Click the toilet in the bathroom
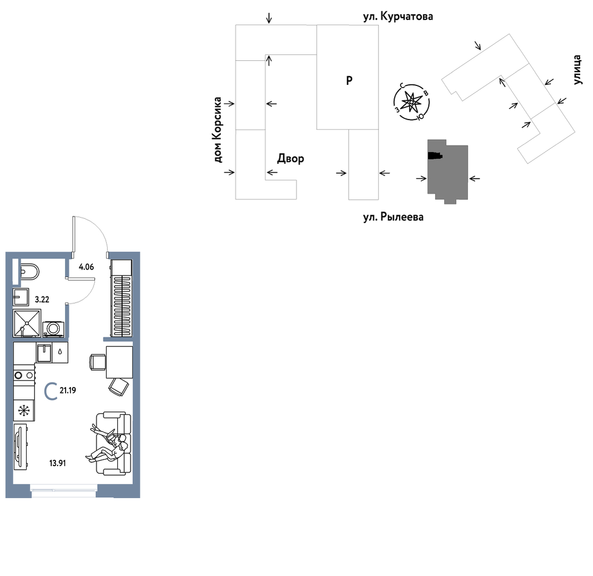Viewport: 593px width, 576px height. point(29,272)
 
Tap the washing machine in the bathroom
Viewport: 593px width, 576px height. point(53,329)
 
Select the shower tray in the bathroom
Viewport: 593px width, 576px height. point(27,323)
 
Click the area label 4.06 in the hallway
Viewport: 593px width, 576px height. point(86,267)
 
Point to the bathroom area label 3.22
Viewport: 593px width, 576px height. point(42,299)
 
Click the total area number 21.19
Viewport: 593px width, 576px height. point(68,390)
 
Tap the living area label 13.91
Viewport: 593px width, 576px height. point(58,463)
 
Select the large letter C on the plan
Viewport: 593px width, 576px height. point(51,391)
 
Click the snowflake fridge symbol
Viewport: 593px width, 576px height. point(24,411)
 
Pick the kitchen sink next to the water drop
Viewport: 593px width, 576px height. point(44,352)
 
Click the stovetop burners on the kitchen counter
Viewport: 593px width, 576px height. point(24,375)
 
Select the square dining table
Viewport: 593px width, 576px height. point(119,362)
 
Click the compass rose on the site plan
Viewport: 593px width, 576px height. point(412,102)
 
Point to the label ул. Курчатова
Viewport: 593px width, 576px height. point(398,17)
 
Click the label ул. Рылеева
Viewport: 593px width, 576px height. point(394,217)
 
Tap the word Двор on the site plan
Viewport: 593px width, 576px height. point(291,159)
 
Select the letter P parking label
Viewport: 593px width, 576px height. point(349,80)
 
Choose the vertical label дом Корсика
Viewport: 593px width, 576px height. point(217,130)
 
